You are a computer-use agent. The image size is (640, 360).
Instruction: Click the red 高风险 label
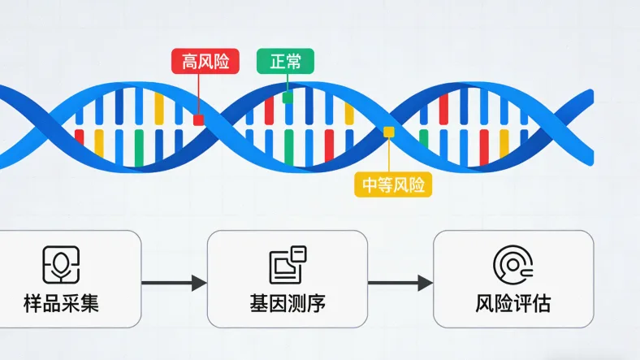[x=205, y=61]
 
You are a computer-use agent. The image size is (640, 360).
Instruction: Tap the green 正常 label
[x=285, y=61]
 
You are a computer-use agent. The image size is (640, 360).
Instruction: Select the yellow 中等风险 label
[x=393, y=185]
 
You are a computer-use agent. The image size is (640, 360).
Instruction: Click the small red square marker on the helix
[x=198, y=119]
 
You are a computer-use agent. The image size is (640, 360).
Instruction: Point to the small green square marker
[x=288, y=98]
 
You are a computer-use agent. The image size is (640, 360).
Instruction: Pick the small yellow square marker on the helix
[x=389, y=132]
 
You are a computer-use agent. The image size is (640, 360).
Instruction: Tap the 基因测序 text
[x=287, y=305]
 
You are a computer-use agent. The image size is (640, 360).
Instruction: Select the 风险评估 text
[x=512, y=305]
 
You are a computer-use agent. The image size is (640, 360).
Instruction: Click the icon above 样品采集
[x=61, y=264]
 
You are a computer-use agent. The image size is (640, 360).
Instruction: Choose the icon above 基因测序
[x=288, y=264]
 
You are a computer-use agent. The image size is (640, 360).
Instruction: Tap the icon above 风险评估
[x=512, y=264]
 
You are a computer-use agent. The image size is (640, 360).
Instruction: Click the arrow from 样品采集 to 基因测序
[x=174, y=284]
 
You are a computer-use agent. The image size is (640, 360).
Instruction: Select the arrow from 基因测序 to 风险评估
[x=400, y=284]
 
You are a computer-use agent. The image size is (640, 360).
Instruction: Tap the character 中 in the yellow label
[x=370, y=185]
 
